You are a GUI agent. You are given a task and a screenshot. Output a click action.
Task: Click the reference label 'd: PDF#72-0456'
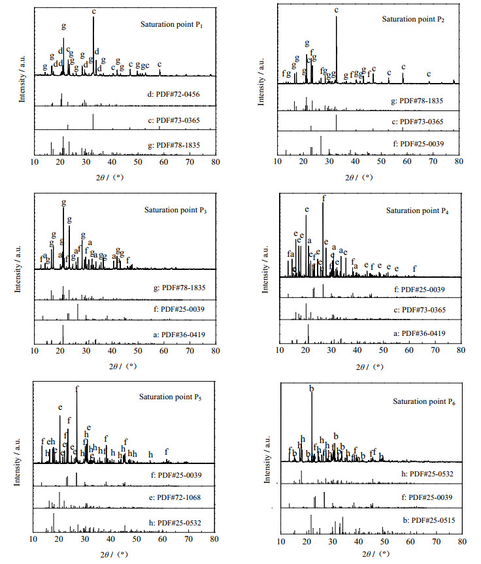[174, 94]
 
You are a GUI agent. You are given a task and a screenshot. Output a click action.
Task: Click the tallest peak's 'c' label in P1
[94, 11]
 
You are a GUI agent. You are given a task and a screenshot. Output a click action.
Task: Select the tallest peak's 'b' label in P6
[311, 389]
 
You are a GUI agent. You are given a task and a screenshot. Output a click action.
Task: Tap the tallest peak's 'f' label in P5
[76, 389]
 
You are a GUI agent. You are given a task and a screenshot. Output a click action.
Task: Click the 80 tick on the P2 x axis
[459, 161]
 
